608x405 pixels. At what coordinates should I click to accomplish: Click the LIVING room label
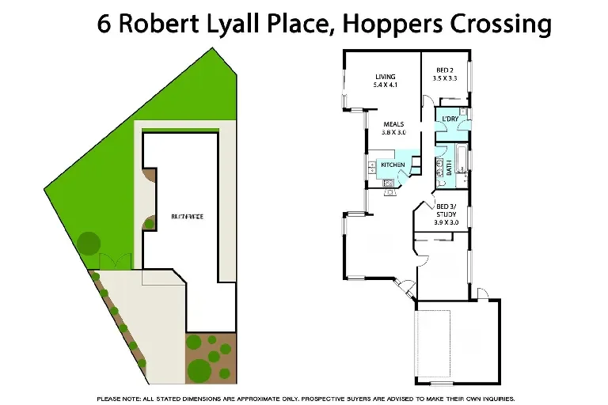tap(385, 77)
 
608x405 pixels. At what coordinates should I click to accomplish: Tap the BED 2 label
tap(445, 70)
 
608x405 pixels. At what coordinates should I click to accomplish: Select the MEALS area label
tap(394, 124)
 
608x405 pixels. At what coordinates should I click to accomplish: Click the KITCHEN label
tap(393, 165)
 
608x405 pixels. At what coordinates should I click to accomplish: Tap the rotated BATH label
tap(450, 166)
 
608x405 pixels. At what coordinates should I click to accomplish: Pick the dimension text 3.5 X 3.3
tap(445, 79)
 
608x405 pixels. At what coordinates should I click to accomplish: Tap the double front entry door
tap(406, 290)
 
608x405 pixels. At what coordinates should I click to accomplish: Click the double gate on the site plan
tap(111, 261)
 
